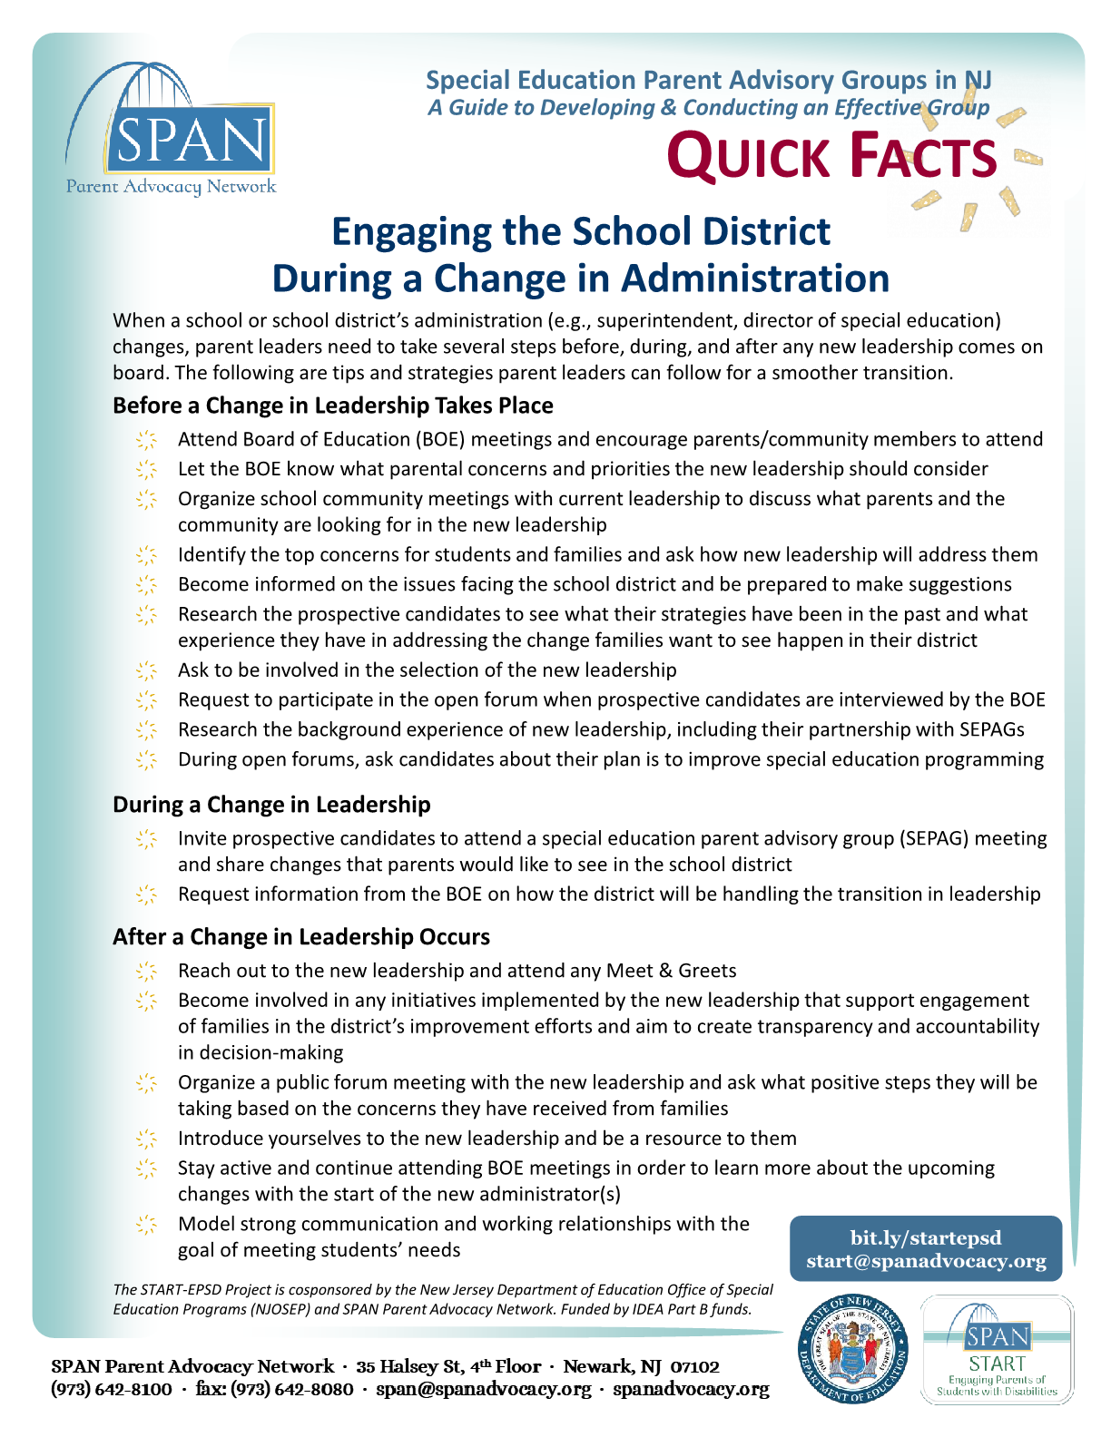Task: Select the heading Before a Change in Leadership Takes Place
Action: [x=332, y=406]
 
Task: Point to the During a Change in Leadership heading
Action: [x=271, y=805]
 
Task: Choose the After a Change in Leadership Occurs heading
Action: [x=300, y=937]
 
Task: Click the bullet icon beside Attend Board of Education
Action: [x=146, y=440]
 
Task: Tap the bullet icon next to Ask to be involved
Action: [x=146, y=670]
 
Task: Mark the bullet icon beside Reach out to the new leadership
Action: [x=146, y=972]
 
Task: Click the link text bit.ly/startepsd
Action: [x=926, y=1238]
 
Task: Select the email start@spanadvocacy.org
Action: [x=926, y=1261]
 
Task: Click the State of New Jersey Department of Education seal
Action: [x=852, y=1349]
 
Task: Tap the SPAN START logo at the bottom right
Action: [x=997, y=1350]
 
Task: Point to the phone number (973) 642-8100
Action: [x=112, y=1389]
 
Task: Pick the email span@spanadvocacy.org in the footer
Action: [x=484, y=1389]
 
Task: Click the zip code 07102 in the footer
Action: [x=694, y=1366]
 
